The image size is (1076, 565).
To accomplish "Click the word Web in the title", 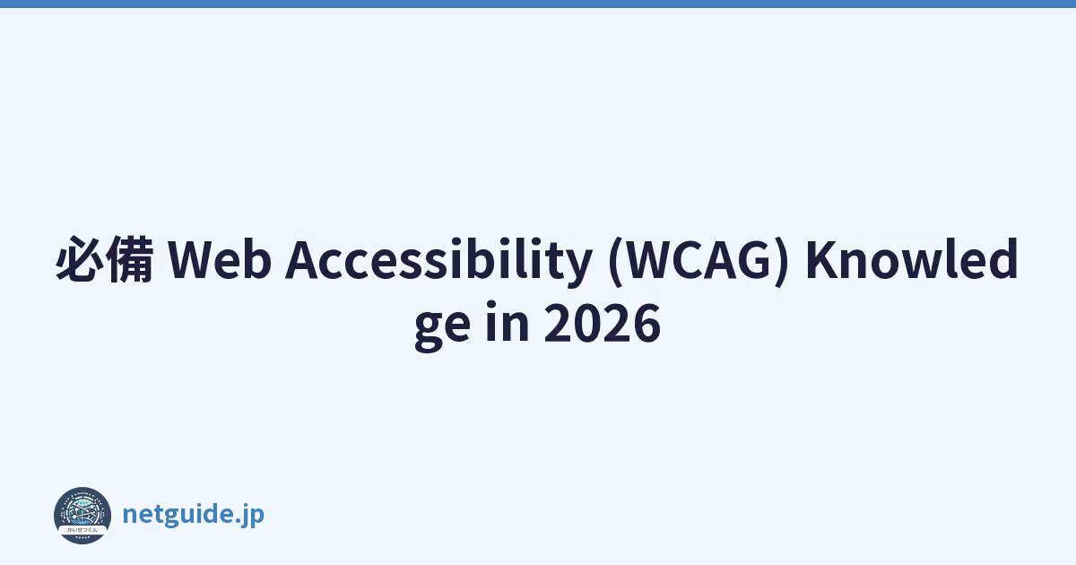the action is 220,259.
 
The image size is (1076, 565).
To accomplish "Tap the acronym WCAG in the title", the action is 699,259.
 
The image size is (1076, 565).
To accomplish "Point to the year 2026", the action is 603,323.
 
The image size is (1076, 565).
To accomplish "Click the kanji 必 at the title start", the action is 80,259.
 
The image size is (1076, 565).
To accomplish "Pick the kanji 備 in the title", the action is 130,259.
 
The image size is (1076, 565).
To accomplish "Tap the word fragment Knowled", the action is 912,258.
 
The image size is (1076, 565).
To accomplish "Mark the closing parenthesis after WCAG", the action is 781,261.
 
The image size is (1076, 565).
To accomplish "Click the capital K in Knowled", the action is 822,259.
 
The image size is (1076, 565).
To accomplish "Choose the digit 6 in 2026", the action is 646,323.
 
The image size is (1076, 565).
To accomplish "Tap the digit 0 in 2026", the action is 587,323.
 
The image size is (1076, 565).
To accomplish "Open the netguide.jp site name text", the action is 194,515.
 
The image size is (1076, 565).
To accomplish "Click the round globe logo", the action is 82,516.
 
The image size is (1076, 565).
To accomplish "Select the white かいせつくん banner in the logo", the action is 82,529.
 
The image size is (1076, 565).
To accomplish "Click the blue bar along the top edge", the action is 538,4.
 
